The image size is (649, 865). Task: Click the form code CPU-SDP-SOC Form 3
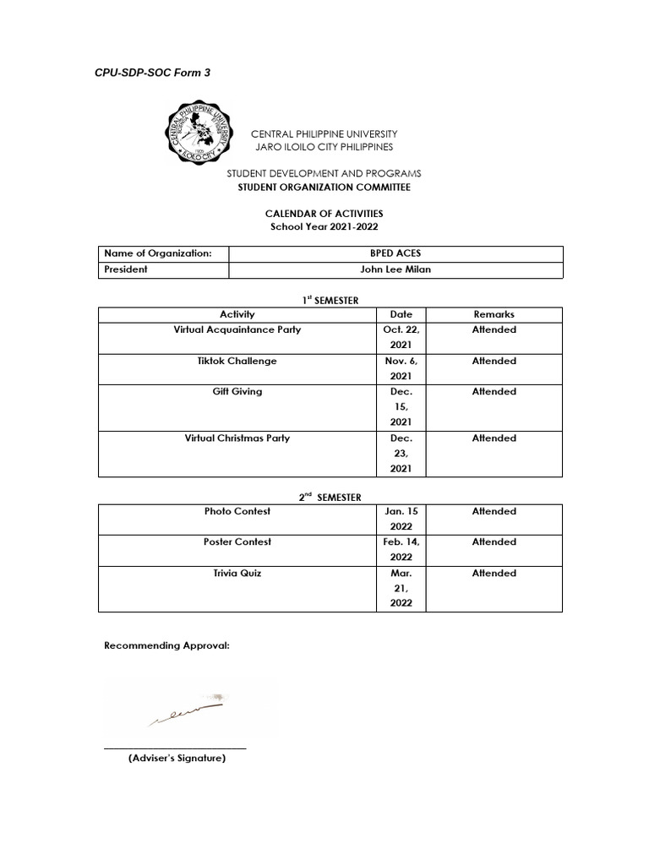tap(152, 73)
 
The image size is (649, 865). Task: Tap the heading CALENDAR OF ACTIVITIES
tap(319, 215)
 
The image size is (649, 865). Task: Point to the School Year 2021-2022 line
tap(319, 227)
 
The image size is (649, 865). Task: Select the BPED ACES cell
tap(395, 253)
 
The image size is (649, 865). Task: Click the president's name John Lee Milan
tap(395, 269)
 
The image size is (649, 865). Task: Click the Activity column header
tap(237, 314)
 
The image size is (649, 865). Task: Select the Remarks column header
tap(494, 314)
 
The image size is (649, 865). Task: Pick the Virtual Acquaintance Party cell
tap(237, 329)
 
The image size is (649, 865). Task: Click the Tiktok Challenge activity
tap(237, 361)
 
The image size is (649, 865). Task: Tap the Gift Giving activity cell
tap(237, 392)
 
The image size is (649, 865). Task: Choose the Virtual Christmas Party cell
tap(237, 438)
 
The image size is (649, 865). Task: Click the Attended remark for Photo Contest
tap(494, 511)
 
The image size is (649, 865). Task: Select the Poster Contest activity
tap(237, 541)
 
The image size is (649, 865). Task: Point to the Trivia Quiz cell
tap(237, 573)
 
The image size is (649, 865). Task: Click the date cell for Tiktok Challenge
tap(401, 369)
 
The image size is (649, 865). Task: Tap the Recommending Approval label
tap(166, 646)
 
